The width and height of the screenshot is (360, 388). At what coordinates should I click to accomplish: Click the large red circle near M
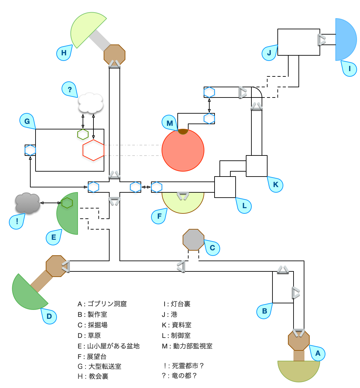183,150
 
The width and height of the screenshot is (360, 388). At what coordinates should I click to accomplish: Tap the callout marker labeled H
64,53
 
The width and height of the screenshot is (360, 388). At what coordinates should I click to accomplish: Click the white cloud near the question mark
91,103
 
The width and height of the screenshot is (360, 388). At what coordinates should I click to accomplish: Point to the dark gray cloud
28,203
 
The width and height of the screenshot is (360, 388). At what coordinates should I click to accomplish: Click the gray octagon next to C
193,240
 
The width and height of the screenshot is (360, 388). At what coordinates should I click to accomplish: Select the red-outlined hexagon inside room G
93,150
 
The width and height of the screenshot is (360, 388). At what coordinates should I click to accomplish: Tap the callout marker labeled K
275,185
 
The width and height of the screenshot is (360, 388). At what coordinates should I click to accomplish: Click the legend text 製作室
97,315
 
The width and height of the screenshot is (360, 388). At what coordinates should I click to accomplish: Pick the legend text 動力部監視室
193,346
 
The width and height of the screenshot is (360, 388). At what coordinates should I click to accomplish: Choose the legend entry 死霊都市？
188,366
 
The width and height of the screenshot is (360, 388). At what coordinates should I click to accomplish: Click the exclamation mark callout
17,221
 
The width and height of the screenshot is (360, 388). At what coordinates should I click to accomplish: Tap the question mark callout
69,90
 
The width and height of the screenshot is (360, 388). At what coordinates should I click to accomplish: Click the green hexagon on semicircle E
67,203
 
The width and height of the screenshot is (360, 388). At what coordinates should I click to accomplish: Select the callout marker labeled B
265,311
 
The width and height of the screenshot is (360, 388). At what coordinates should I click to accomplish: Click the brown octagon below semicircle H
115,55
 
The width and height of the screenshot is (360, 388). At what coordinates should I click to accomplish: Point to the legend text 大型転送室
105,367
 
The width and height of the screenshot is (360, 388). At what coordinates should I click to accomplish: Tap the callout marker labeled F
159,216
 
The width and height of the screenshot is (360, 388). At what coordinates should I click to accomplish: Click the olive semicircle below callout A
299,370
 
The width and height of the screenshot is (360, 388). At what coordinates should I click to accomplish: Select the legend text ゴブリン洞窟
107,304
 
